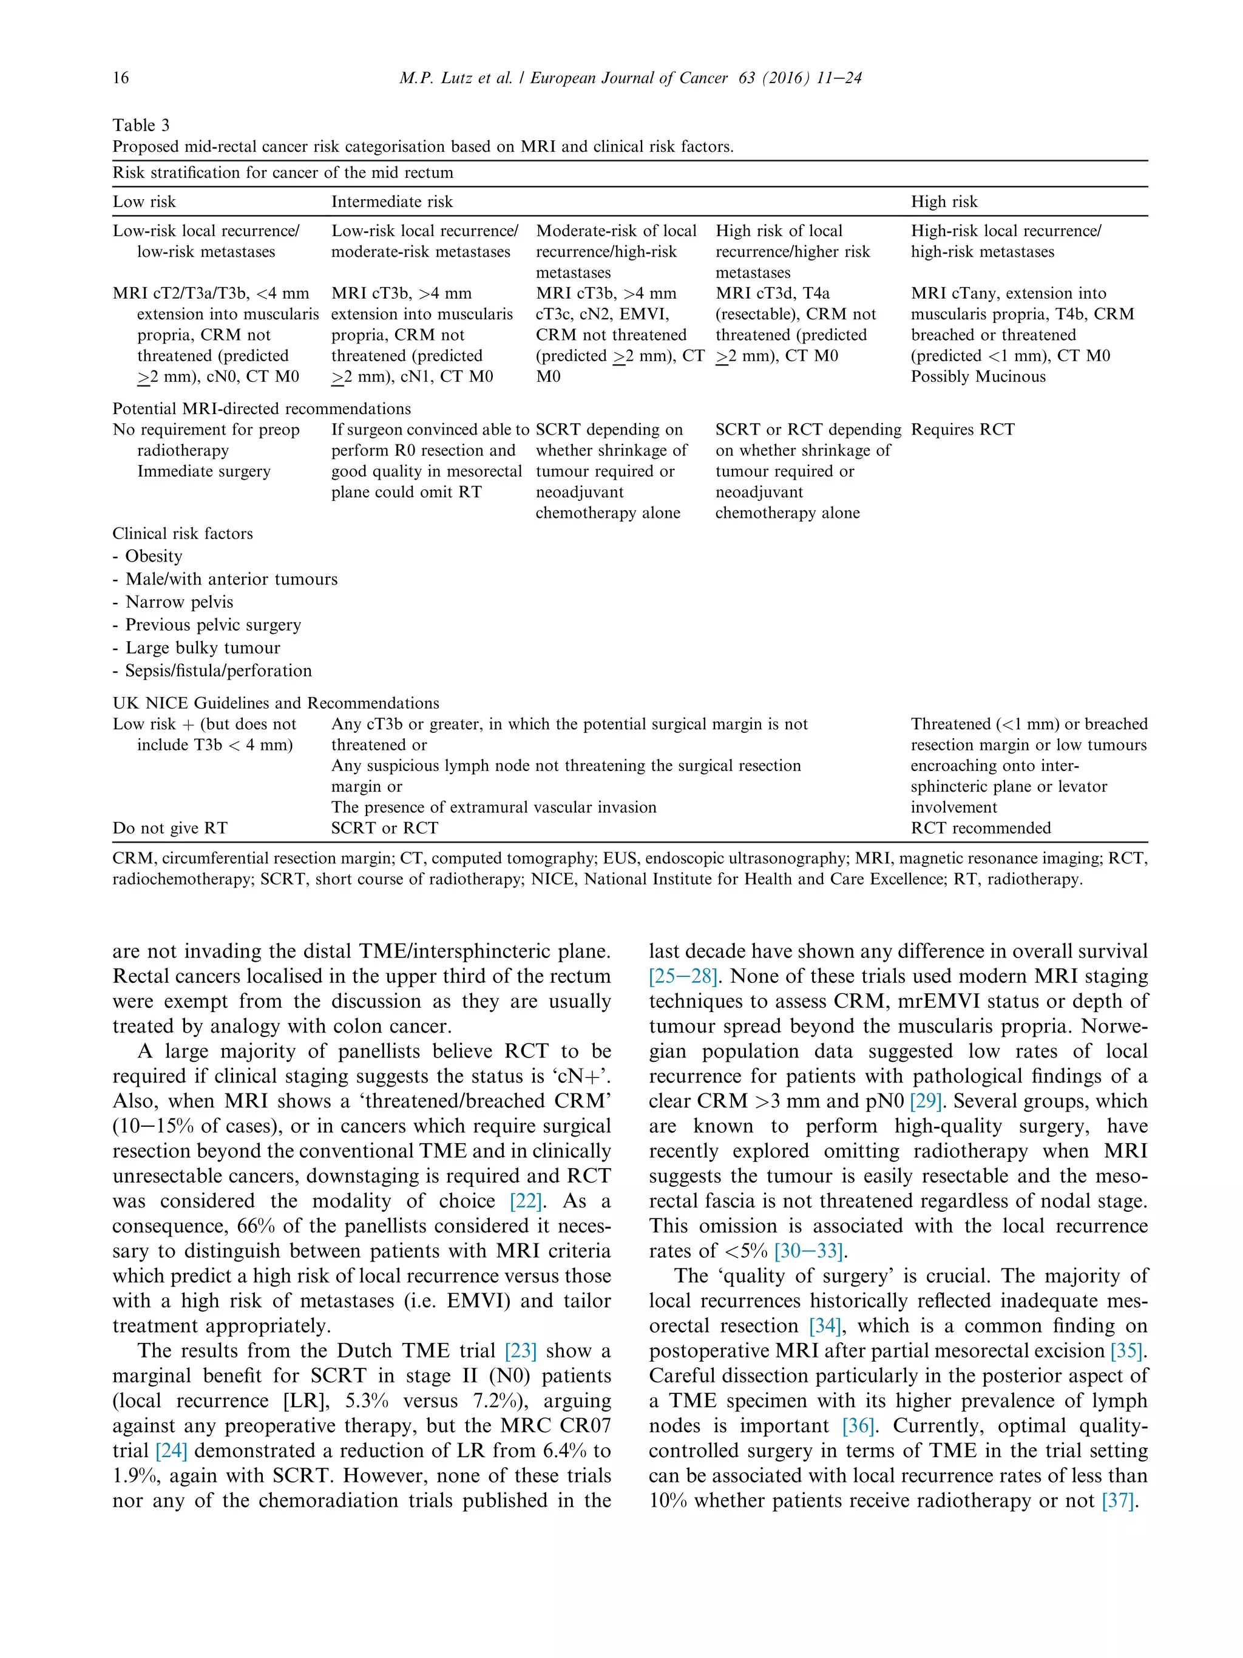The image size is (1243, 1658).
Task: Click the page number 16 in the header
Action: coord(121,78)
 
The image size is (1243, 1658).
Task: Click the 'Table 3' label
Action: coord(141,125)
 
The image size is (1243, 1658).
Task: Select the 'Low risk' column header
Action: coord(144,202)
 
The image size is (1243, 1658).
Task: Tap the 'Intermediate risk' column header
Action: coord(392,202)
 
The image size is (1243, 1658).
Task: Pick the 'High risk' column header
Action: coord(944,202)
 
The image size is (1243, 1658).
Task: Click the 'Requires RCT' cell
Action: coord(962,429)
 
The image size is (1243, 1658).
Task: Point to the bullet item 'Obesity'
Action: coord(154,556)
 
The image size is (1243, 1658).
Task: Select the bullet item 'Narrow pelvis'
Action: coord(179,602)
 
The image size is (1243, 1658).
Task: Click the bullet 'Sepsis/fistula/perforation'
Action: coord(218,671)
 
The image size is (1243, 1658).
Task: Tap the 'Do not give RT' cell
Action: coord(170,828)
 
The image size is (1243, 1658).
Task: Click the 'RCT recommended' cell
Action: coord(980,828)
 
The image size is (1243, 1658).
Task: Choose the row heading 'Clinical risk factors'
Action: coord(183,534)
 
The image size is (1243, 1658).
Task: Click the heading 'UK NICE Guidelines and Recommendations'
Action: coord(276,703)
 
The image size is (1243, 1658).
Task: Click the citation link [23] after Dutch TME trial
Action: coord(521,1351)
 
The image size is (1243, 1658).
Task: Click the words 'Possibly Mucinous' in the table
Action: coord(978,377)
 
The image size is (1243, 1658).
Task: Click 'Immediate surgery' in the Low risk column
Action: coord(203,472)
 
